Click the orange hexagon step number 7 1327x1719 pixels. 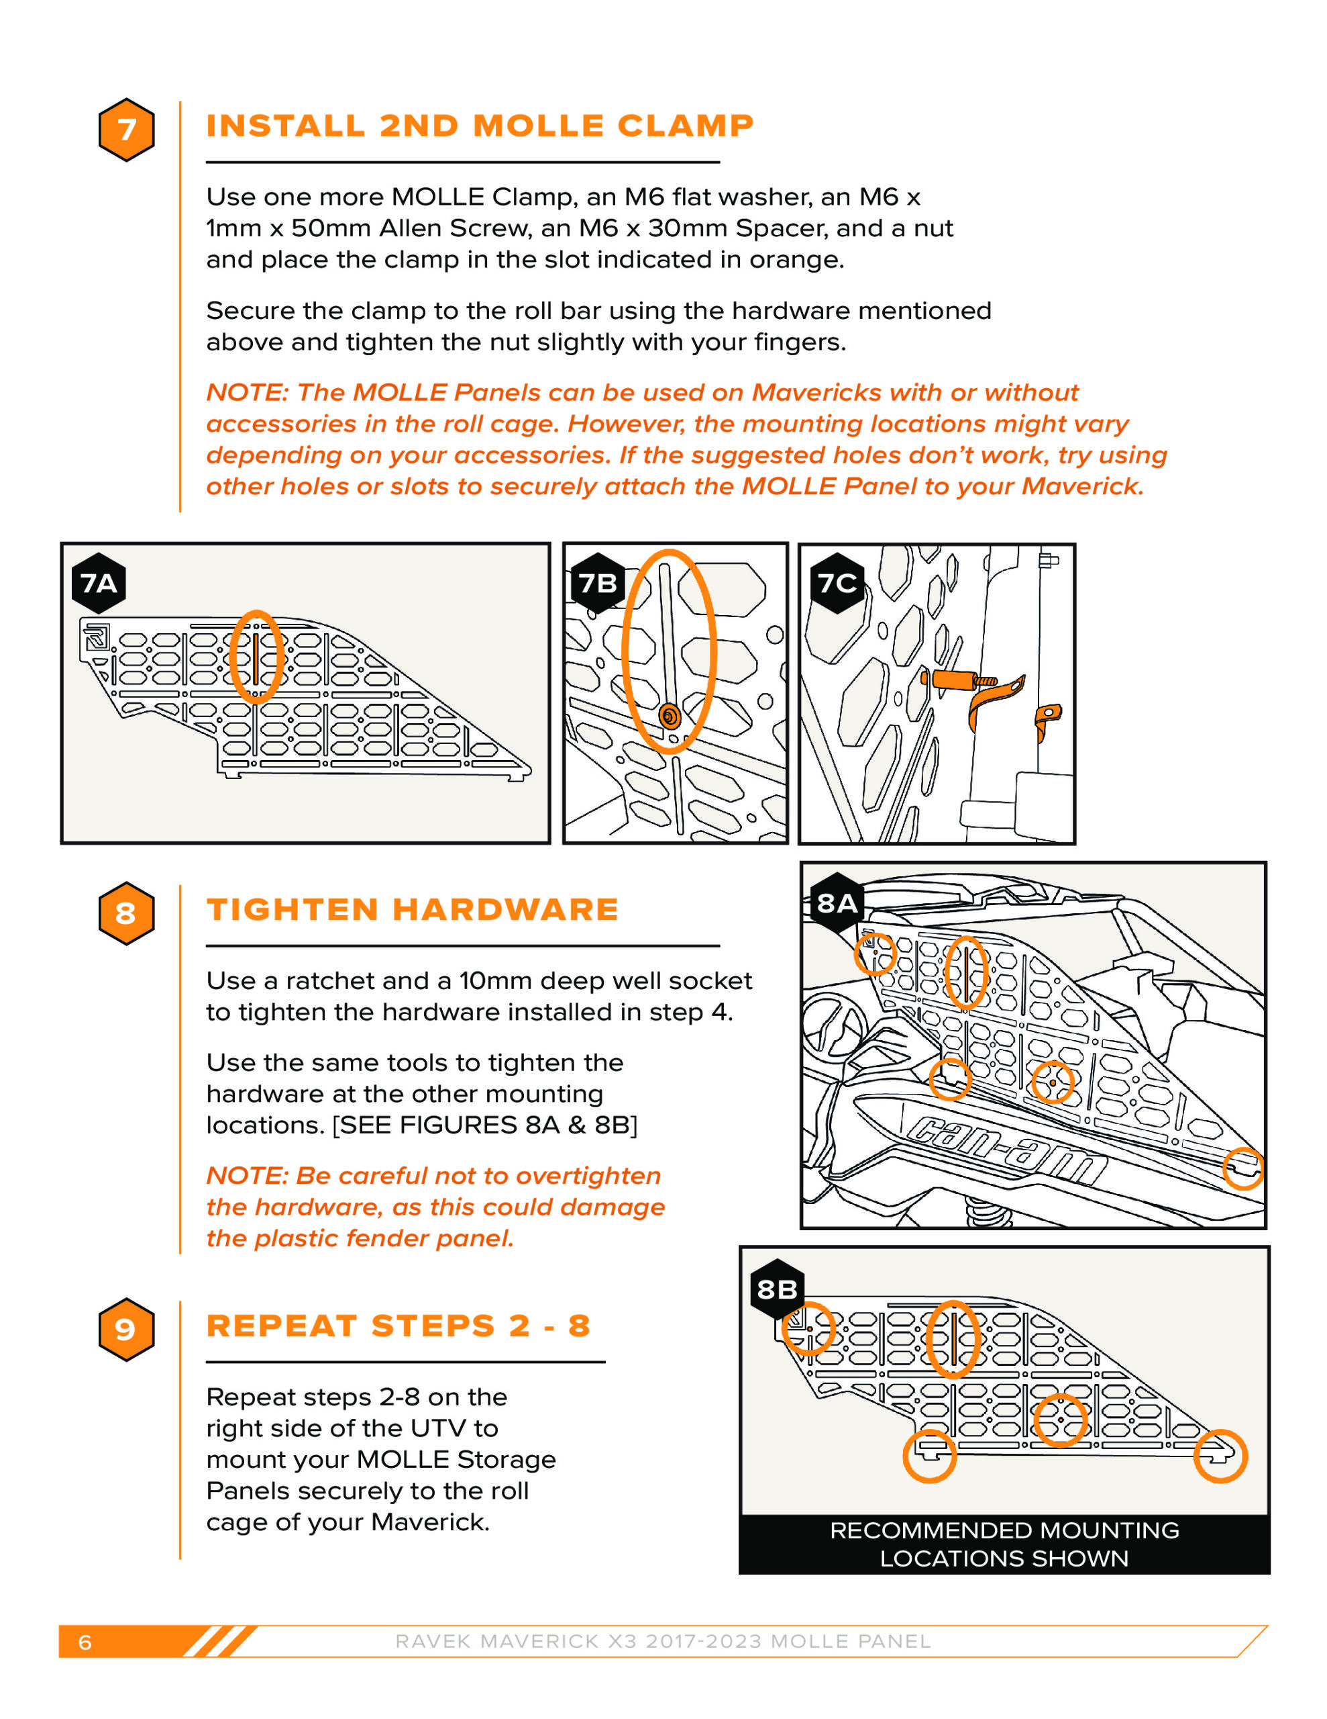(x=126, y=130)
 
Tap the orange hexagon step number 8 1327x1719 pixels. (x=126, y=913)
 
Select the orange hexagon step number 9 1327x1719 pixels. (x=126, y=1330)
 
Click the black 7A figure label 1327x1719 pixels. (x=99, y=584)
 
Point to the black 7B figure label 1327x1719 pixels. (x=598, y=584)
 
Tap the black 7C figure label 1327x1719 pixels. (x=837, y=584)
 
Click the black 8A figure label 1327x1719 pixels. (x=837, y=902)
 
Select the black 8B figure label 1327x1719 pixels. (x=777, y=1289)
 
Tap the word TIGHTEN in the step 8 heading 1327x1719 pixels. (x=293, y=910)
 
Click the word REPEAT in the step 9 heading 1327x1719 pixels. (x=281, y=1326)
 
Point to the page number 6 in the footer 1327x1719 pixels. (x=85, y=1642)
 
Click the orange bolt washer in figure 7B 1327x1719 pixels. (x=670, y=716)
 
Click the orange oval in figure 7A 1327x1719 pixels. (x=256, y=657)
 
